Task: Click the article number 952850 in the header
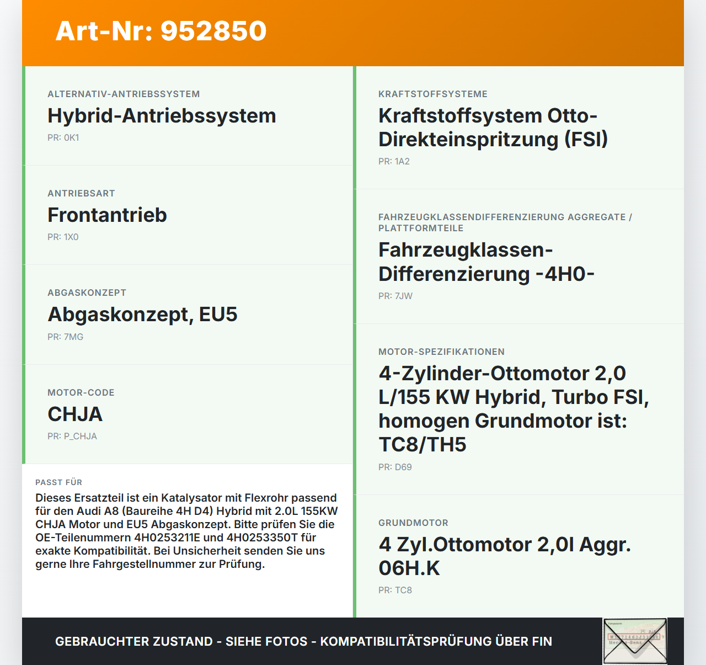(213, 31)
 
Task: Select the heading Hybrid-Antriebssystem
(162, 116)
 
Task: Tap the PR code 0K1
(71, 138)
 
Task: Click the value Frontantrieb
(107, 215)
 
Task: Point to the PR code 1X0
(71, 237)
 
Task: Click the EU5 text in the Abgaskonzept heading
(218, 315)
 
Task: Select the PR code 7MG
(73, 337)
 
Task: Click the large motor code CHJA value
(75, 414)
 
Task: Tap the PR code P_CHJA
(80, 437)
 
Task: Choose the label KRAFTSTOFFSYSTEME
(433, 94)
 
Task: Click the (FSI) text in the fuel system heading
(586, 140)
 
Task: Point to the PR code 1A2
(402, 162)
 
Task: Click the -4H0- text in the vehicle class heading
(565, 274)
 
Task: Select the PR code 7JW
(403, 296)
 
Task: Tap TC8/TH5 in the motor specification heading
(422, 445)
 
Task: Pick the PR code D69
(403, 467)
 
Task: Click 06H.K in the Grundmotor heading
(409, 568)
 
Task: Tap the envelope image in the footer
(635, 641)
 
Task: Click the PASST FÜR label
(58, 482)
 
